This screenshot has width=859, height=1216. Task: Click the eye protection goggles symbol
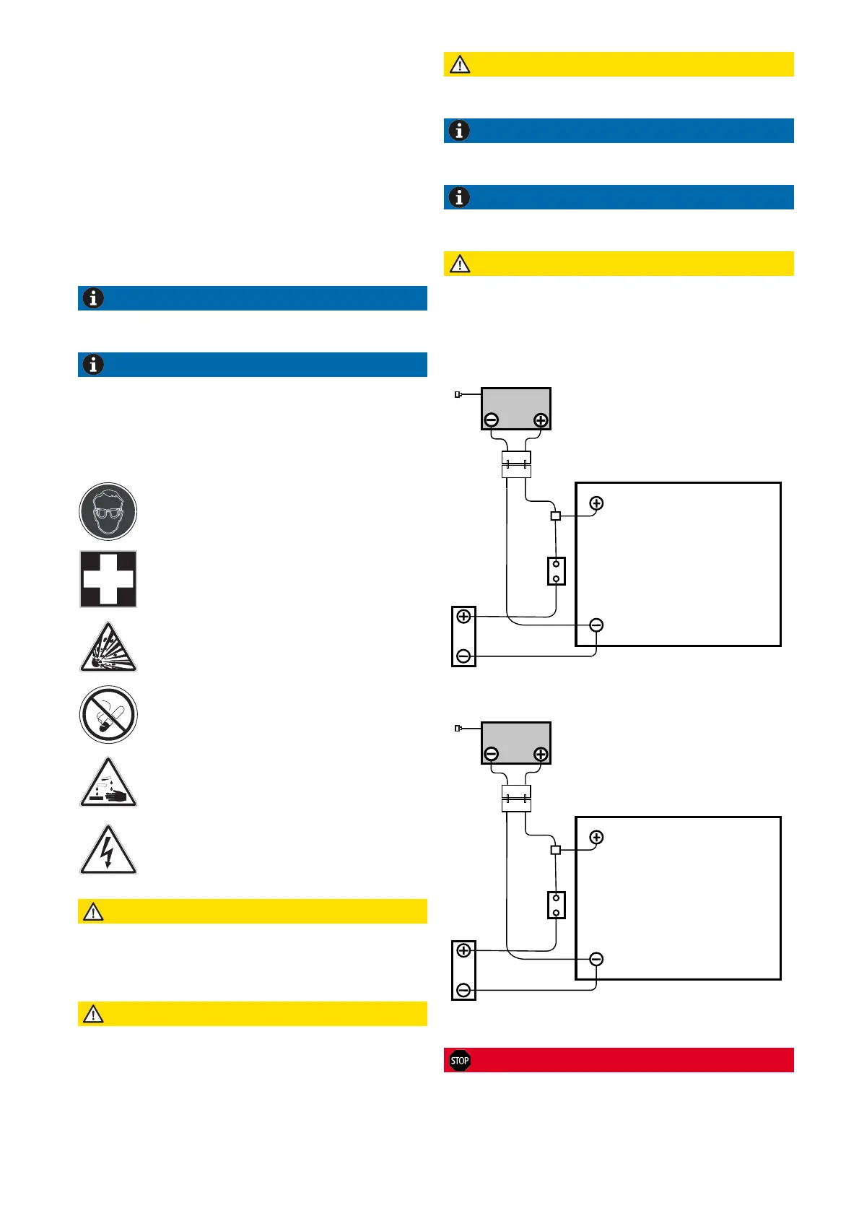click(x=108, y=512)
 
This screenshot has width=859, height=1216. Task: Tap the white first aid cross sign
click(x=108, y=579)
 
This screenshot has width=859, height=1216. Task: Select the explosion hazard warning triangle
click(x=108, y=648)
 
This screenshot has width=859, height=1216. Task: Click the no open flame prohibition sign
click(x=108, y=715)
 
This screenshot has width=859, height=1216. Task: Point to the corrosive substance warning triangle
click(x=108, y=783)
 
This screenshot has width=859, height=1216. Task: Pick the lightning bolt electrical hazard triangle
click(x=108, y=851)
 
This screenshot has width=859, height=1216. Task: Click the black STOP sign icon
click(x=460, y=1060)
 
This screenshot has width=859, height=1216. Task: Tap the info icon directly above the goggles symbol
click(x=93, y=365)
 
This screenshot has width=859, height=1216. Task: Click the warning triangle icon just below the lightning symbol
click(x=93, y=912)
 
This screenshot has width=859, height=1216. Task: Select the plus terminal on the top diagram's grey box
click(x=540, y=420)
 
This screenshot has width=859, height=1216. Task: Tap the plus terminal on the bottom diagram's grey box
click(x=540, y=755)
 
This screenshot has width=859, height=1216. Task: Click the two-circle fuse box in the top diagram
click(x=556, y=571)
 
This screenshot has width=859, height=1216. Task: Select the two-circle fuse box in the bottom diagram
click(x=556, y=906)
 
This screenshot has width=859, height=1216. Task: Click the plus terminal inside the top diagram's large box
click(x=596, y=503)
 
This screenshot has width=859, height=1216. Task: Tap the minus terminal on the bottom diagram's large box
click(x=596, y=960)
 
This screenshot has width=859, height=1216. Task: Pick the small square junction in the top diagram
click(x=555, y=516)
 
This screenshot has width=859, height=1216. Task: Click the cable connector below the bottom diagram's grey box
click(x=516, y=798)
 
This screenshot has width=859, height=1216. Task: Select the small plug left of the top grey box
click(x=458, y=394)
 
